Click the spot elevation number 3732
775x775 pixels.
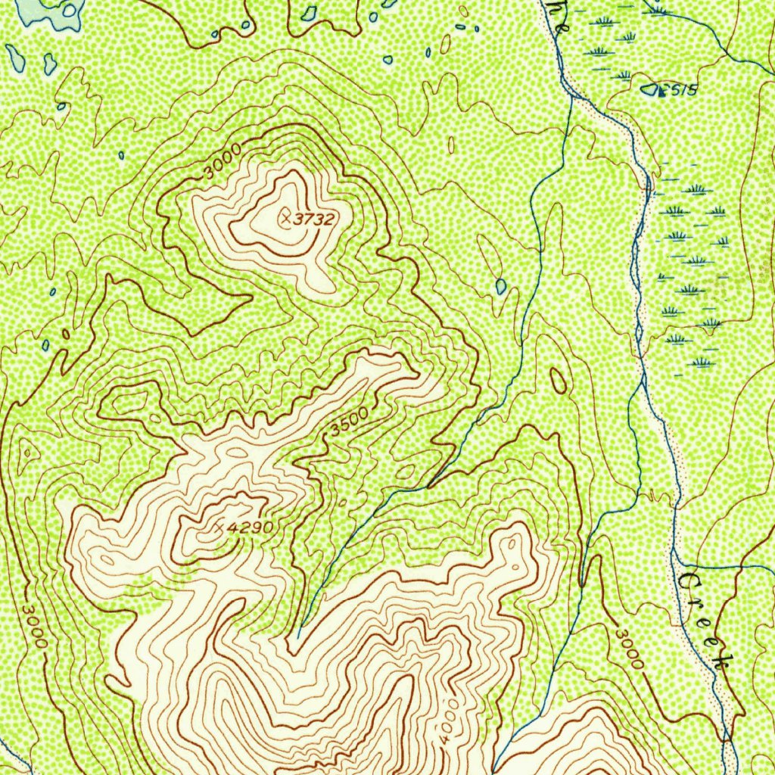[314, 219]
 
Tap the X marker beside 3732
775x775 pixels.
[285, 219]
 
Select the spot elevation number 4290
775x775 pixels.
[250, 527]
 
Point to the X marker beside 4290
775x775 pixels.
[219, 526]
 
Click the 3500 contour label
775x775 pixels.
[349, 422]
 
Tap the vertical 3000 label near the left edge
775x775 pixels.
[34, 625]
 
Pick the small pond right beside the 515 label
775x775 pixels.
[649, 89]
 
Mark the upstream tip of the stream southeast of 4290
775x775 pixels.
[299, 636]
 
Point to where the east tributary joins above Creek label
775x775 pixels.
[676, 564]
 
